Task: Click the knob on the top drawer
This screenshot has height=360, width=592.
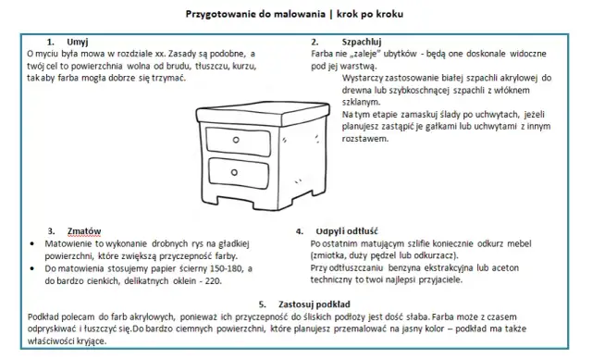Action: [235, 140]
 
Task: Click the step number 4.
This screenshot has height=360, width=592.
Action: [299, 230]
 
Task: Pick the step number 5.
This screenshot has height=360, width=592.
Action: [263, 304]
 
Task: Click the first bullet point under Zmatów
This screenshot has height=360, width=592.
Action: [34, 242]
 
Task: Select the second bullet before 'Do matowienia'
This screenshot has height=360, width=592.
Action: [34, 267]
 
